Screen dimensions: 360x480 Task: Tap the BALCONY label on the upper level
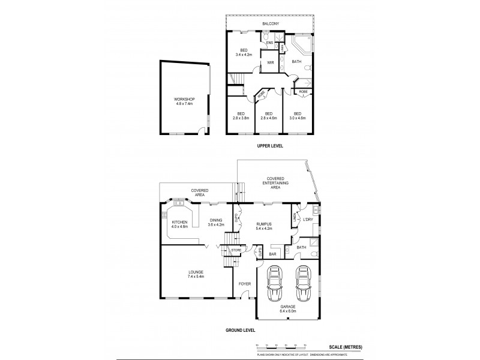click(269, 25)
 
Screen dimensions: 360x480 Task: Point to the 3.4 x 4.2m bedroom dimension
click(244, 55)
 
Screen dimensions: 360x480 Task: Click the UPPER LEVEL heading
click(269, 146)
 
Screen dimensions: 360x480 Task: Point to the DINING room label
click(215, 220)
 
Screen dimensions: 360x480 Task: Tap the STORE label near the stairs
click(236, 250)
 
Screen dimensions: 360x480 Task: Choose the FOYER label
click(244, 284)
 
